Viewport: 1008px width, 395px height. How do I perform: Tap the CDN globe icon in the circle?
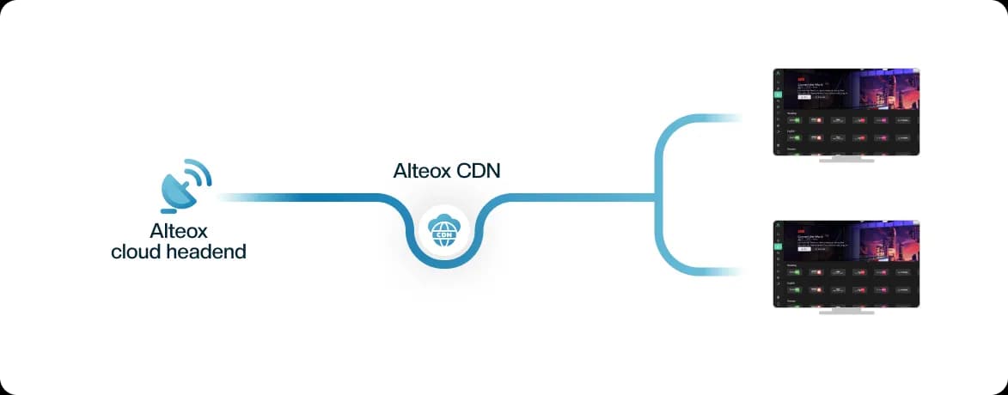[x=445, y=233]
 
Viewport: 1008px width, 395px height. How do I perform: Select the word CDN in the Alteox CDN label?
[x=478, y=171]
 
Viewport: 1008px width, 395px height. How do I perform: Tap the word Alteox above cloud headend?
[x=179, y=231]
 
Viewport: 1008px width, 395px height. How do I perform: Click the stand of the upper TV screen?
[x=846, y=160]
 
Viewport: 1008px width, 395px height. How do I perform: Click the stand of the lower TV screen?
[x=846, y=312]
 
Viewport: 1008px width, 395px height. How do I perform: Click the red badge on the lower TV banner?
[x=802, y=231]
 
